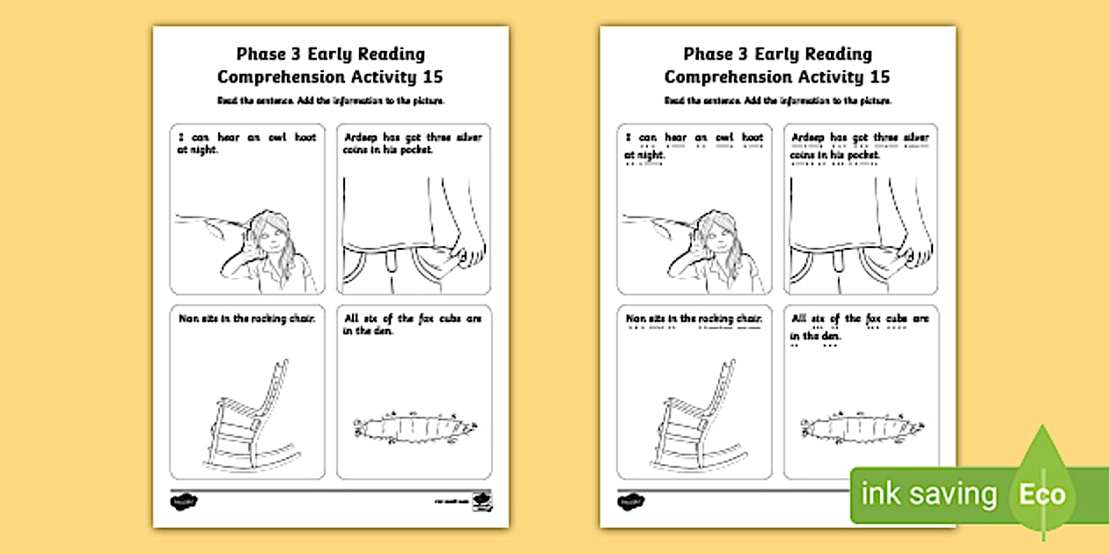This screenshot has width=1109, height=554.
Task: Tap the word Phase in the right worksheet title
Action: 709,55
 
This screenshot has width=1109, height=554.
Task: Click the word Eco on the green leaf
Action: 1042,493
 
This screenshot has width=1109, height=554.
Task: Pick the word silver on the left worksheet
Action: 467,138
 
